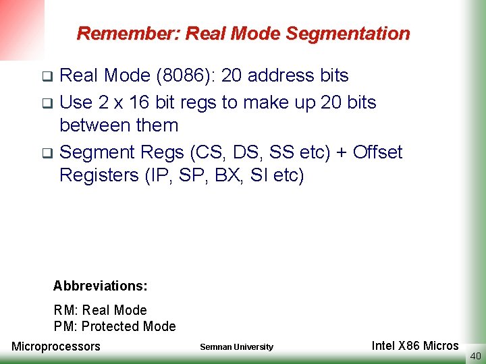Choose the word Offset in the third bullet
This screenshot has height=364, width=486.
point(377,152)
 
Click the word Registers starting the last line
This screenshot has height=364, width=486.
point(99,175)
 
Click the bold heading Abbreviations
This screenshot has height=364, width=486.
point(100,286)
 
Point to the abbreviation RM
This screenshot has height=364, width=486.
point(65,311)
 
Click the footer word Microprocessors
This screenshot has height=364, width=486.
point(56,346)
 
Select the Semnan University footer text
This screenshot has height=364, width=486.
point(237,347)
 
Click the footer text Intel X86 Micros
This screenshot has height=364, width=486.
point(415,346)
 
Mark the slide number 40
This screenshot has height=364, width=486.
point(475,357)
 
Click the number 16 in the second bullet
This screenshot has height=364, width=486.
point(140,102)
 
